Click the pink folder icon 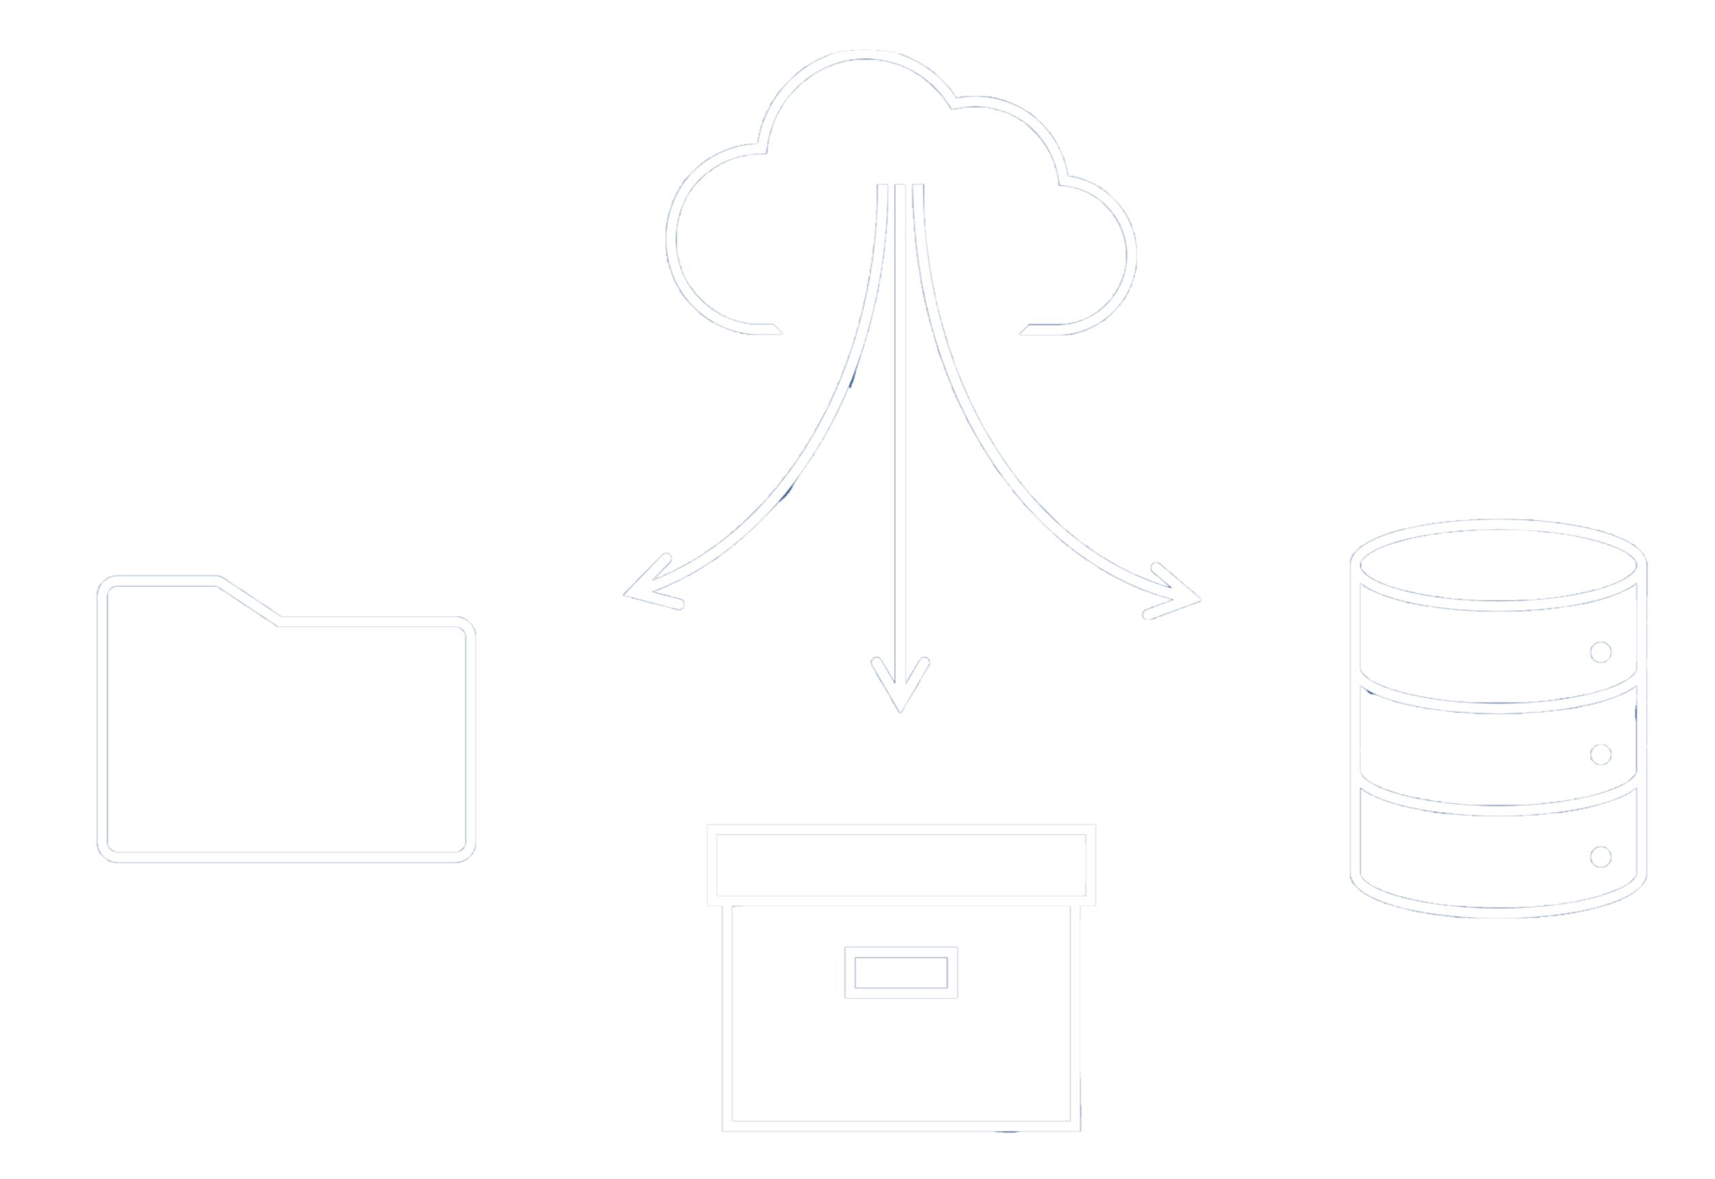tap(285, 731)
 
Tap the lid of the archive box tap(901, 865)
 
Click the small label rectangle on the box tap(901, 972)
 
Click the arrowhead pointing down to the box tap(900, 687)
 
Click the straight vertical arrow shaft tap(900, 443)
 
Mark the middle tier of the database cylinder tap(1478, 761)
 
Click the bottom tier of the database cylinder tap(1478, 861)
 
